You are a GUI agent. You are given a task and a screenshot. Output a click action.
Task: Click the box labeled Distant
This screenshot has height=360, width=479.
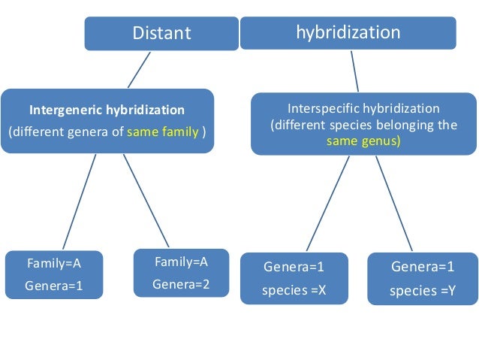tap(161, 33)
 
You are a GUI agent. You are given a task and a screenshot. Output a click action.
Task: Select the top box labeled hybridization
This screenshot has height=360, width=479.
tap(348, 33)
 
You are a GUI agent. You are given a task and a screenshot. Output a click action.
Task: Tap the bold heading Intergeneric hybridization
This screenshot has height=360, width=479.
tap(107, 110)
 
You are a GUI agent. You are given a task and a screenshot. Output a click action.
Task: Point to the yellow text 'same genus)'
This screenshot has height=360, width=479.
tap(363, 140)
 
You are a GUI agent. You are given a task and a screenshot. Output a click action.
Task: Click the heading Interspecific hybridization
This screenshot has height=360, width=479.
tap(363, 108)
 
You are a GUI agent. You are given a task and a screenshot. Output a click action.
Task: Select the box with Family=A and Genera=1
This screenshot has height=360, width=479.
tap(53, 274)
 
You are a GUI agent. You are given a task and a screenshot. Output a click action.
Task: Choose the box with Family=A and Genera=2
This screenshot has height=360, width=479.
tap(180, 273)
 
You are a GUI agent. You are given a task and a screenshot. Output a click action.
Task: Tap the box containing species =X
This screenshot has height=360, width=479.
tap(294, 278)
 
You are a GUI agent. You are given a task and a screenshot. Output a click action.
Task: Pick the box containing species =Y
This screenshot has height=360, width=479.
tap(422, 279)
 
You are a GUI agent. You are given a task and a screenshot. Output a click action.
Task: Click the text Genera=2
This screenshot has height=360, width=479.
tap(180, 283)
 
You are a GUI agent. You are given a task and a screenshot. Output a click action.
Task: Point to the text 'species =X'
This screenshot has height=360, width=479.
tap(294, 289)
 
